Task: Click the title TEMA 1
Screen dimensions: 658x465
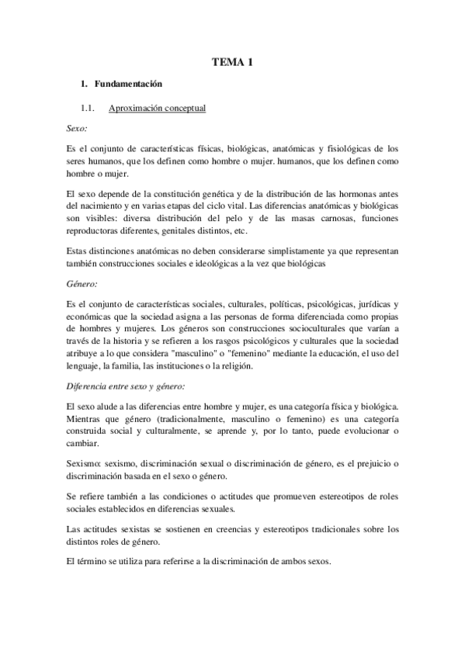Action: (232, 63)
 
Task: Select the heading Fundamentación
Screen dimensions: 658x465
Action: (127, 84)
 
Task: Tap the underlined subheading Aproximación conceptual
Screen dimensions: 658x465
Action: (158, 108)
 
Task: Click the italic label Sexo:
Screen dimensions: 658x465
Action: (77, 128)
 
